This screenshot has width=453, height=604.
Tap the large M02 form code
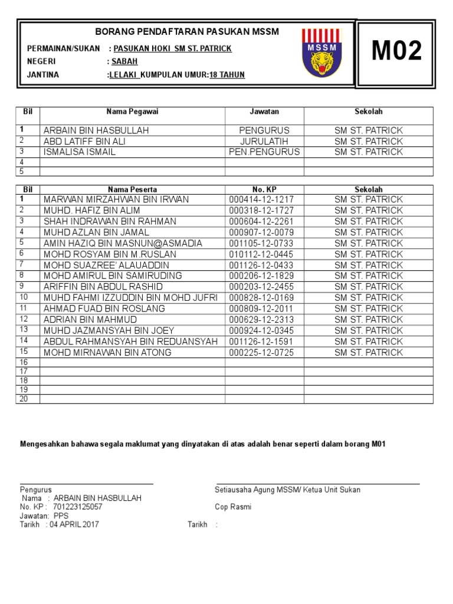tap(397, 52)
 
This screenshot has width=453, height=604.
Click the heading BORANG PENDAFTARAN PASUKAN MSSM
tap(187, 31)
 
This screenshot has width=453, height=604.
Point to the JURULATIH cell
tap(264, 141)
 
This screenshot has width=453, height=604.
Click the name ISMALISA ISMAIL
tap(80, 152)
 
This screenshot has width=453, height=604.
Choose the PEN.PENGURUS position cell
tap(264, 152)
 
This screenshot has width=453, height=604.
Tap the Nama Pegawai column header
tap(132, 111)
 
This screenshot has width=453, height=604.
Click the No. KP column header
tap(264, 189)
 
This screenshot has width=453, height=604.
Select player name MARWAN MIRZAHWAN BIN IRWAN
tap(116, 200)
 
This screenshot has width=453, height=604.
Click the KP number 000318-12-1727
tap(261, 211)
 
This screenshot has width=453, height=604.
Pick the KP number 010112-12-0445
tap(261, 254)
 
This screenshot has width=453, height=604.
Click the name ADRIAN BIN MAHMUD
tap(90, 320)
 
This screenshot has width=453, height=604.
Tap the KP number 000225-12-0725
tap(261, 353)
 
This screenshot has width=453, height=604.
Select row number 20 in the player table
tap(24, 399)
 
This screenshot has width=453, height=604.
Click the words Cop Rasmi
tap(233, 507)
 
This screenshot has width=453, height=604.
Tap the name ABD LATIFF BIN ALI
tap(84, 141)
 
